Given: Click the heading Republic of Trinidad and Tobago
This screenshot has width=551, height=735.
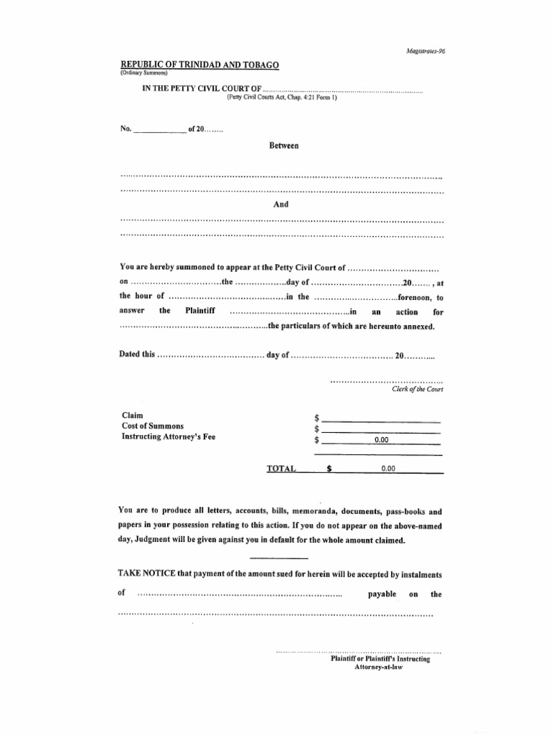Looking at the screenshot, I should (199, 65).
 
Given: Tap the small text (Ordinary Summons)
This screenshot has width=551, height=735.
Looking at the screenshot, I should (143, 73).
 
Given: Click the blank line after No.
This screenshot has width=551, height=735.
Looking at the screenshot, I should (159, 131).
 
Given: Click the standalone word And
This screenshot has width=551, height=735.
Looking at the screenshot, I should (281, 205).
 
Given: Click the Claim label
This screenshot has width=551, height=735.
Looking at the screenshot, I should (132, 416).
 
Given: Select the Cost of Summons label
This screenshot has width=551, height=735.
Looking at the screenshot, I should (152, 426).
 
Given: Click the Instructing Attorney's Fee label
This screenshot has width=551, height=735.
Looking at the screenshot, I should (168, 436).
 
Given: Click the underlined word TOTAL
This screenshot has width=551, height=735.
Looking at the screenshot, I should (281, 468).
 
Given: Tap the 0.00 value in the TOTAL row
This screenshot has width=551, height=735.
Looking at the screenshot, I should (388, 468).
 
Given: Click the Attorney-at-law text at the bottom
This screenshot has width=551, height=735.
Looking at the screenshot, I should (379, 667).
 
